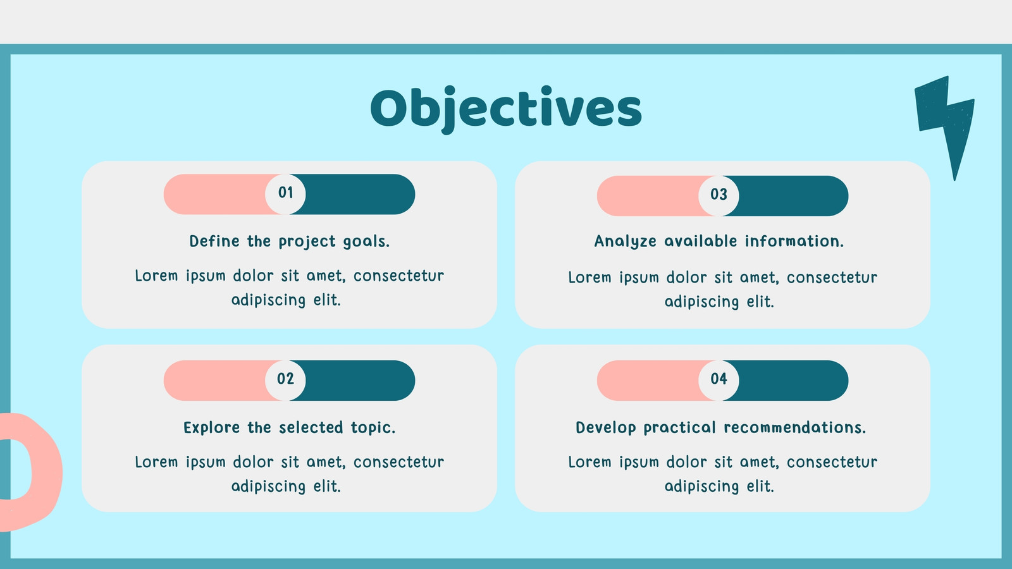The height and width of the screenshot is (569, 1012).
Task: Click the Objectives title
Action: click(506, 108)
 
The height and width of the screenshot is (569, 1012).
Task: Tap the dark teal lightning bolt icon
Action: click(945, 122)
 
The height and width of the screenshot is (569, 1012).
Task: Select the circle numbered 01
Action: click(285, 194)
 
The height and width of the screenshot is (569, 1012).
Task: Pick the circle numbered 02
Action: click(285, 380)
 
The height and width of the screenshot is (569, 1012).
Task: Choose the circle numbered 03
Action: click(719, 196)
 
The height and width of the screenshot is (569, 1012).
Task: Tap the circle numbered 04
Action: click(719, 380)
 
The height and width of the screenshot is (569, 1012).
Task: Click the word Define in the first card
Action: click(214, 241)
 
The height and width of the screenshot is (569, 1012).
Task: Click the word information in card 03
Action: click(794, 241)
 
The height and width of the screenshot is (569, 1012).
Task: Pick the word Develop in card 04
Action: click(606, 427)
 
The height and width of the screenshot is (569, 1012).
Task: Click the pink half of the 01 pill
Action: click(217, 194)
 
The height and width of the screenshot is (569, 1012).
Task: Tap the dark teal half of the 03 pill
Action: click(791, 196)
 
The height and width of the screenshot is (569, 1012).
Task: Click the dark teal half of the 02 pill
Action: click(357, 380)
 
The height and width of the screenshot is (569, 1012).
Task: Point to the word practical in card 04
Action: click(680, 427)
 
